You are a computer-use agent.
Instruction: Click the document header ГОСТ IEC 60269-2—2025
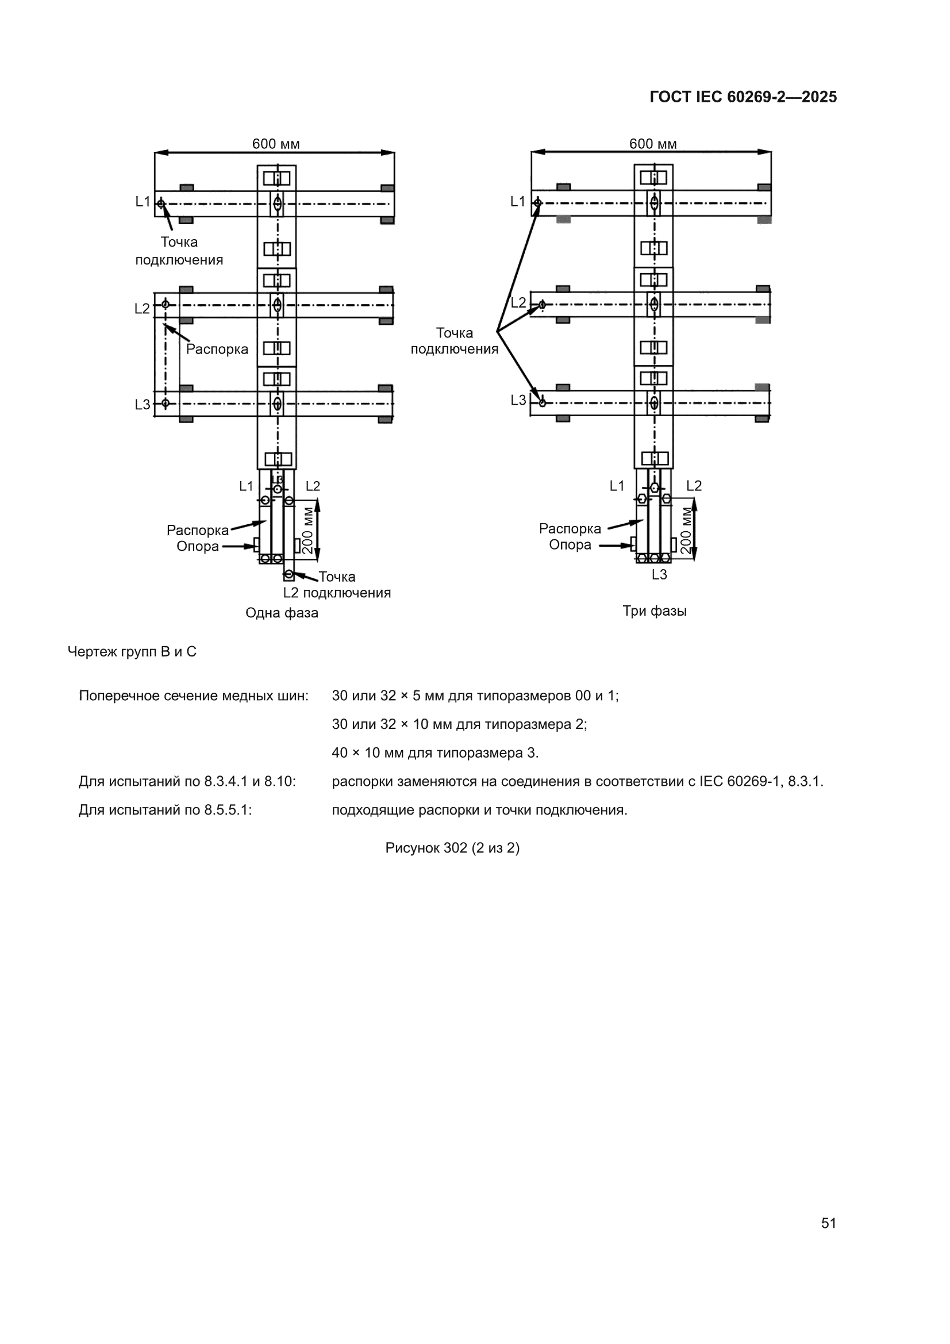[x=743, y=97]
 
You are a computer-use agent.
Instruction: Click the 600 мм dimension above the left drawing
[x=276, y=144]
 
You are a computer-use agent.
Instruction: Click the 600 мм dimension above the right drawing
[x=653, y=144]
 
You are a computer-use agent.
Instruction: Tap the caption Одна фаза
[x=282, y=613]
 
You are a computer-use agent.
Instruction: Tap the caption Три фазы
[x=655, y=611]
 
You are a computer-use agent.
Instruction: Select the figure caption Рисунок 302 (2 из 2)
[x=452, y=848]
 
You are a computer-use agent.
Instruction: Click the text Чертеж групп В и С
[x=132, y=652]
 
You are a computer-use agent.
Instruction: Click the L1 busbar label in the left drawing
[x=143, y=202]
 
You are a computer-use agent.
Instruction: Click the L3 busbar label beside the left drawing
[x=142, y=405]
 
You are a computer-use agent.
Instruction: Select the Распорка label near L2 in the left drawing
[x=217, y=350]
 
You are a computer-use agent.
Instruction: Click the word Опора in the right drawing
[x=570, y=545]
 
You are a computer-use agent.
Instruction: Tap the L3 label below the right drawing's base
[x=659, y=575]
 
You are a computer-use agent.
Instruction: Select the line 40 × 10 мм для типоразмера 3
[x=435, y=753]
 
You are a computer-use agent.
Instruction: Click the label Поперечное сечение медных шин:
[x=194, y=696]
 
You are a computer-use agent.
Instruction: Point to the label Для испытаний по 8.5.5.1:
[x=166, y=810]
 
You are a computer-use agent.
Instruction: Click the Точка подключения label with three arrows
[x=454, y=341]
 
